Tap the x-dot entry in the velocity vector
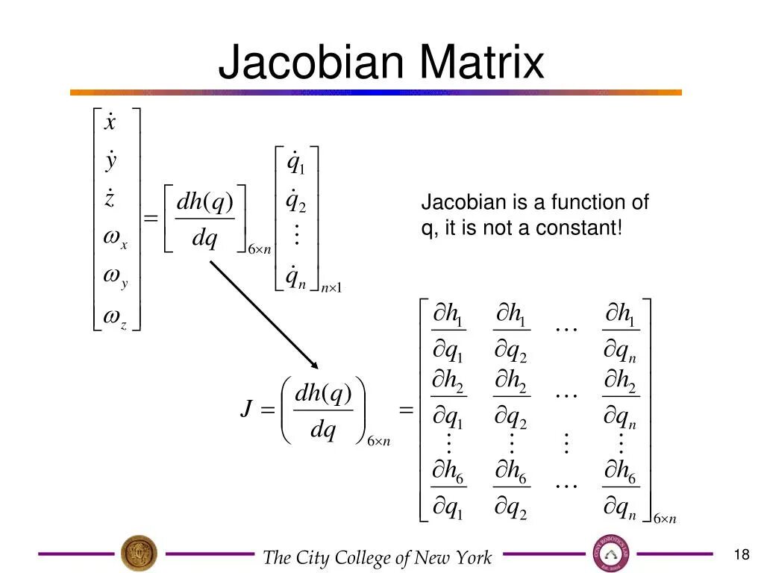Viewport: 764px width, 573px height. coord(110,122)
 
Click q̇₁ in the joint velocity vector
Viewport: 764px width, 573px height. coord(296,163)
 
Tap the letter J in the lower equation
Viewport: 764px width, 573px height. coord(245,409)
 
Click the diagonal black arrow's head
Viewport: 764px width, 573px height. coord(314,365)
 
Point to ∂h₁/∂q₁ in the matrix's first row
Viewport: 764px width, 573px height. coord(448,332)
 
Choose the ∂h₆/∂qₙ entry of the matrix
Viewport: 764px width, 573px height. coord(620,490)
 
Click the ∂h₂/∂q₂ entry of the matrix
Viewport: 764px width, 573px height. coord(511,404)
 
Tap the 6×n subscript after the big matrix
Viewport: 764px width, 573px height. coord(664,519)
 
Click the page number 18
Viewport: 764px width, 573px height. coord(741,554)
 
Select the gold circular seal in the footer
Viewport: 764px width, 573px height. coord(140,554)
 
